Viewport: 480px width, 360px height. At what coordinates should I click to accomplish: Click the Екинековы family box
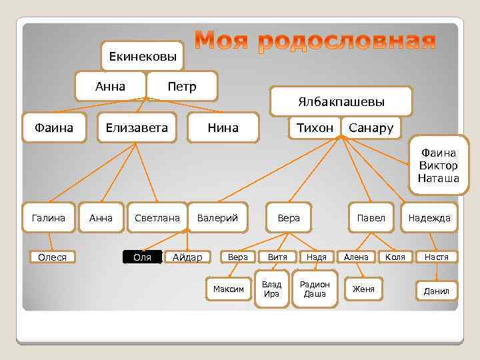(x=143, y=56)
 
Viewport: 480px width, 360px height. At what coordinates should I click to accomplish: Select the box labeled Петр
(x=182, y=86)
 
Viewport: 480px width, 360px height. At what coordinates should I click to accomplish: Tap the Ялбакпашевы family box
(x=341, y=101)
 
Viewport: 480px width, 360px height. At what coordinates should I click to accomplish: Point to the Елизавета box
(x=137, y=127)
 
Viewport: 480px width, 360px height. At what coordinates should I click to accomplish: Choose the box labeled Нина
(x=223, y=127)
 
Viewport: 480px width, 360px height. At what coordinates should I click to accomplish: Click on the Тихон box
(x=315, y=127)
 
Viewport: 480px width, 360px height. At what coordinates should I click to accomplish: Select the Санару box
(x=371, y=127)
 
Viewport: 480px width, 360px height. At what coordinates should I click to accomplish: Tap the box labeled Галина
(x=49, y=217)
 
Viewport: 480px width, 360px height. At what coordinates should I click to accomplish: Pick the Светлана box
(x=157, y=217)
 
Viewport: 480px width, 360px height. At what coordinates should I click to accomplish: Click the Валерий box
(x=217, y=217)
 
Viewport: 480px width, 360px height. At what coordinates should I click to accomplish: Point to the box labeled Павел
(x=371, y=217)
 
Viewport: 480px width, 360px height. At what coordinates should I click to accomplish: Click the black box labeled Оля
(x=143, y=257)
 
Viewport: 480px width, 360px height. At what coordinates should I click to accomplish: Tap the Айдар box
(x=187, y=257)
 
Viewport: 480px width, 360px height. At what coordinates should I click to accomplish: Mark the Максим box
(x=229, y=289)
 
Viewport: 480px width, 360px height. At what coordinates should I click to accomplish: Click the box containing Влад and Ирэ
(x=272, y=289)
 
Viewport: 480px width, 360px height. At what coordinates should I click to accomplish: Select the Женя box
(x=363, y=289)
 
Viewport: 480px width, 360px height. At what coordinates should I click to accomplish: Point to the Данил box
(x=437, y=291)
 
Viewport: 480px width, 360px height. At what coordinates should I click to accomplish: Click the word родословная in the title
(x=347, y=43)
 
